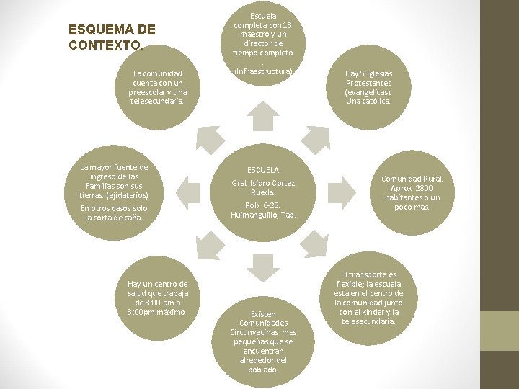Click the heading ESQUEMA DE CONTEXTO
point(112,37)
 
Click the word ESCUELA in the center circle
point(263,169)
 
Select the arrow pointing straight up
point(263,116)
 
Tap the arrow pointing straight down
point(263,267)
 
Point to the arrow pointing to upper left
point(209,137)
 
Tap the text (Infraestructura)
point(263,72)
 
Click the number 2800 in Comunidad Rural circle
point(424,188)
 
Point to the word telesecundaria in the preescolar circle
point(157,101)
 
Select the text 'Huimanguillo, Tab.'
point(263,215)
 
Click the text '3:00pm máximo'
point(156,312)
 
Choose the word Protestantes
point(368,83)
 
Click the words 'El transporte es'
point(369,274)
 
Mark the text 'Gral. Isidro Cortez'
point(263,183)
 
